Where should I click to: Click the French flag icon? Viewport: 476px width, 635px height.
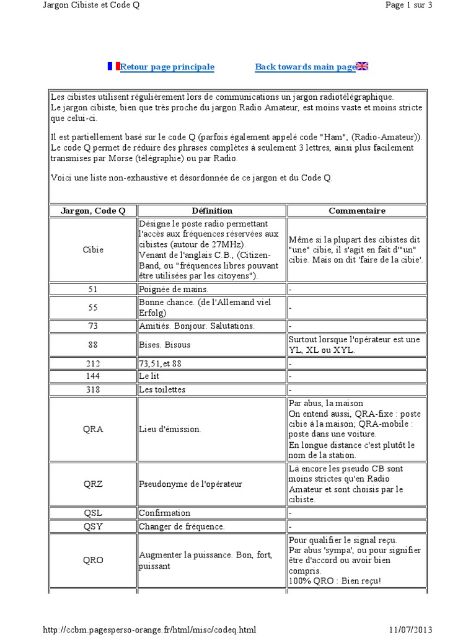coord(113,66)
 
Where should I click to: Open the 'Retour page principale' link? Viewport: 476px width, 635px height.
coord(167,67)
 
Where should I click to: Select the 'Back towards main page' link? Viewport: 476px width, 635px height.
coord(305,67)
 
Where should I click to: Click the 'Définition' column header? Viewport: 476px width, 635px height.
coord(212,211)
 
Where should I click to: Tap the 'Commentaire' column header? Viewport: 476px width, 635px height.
coord(357,211)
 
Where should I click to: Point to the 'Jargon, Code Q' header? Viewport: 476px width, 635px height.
coord(93,211)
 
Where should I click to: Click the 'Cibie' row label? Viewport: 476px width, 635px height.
coord(93,250)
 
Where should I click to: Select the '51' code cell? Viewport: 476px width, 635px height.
coord(93,289)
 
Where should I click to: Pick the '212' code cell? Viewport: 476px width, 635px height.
coord(93,363)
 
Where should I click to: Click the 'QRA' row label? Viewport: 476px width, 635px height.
coord(93,429)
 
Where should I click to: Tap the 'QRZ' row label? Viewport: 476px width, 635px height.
coord(93,484)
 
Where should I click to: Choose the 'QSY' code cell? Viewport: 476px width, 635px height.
coord(93,526)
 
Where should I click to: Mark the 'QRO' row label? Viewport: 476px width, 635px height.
coord(93,560)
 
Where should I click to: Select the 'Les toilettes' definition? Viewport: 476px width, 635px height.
coord(162,390)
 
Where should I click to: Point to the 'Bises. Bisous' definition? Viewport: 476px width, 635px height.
coord(164,344)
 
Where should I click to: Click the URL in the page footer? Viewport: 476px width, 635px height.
coord(149,629)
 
